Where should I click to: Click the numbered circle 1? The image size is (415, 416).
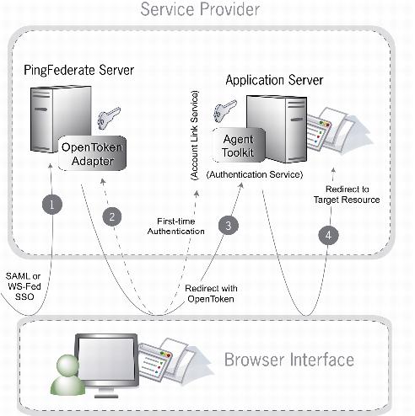tap(52, 204)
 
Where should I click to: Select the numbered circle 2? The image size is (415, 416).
tap(112, 216)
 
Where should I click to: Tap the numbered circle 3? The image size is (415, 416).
tap(229, 225)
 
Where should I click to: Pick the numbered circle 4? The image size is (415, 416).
tap(328, 235)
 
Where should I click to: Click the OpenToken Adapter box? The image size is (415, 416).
tap(92, 153)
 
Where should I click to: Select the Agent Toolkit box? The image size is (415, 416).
tap(238, 146)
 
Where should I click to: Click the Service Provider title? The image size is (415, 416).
tap(200, 9)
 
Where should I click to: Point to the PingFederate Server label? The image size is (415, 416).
tap(79, 70)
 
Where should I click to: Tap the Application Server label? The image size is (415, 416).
tap(274, 80)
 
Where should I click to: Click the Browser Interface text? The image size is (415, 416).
tap(289, 360)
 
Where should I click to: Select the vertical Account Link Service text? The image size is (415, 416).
tap(194, 136)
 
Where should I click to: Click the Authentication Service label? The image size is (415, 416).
tap(255, 174)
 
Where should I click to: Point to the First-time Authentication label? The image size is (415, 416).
tap(176, 227)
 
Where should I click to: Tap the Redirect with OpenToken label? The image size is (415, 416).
tap(211, 294)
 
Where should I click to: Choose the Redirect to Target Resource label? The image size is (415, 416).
tap(347, 195)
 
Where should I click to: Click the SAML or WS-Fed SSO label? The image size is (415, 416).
tap(24, 286)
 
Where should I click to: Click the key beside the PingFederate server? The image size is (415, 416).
tap(109, 118)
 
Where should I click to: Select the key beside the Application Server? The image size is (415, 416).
tap(225, 110)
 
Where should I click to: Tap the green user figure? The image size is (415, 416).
tap(67, 375)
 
